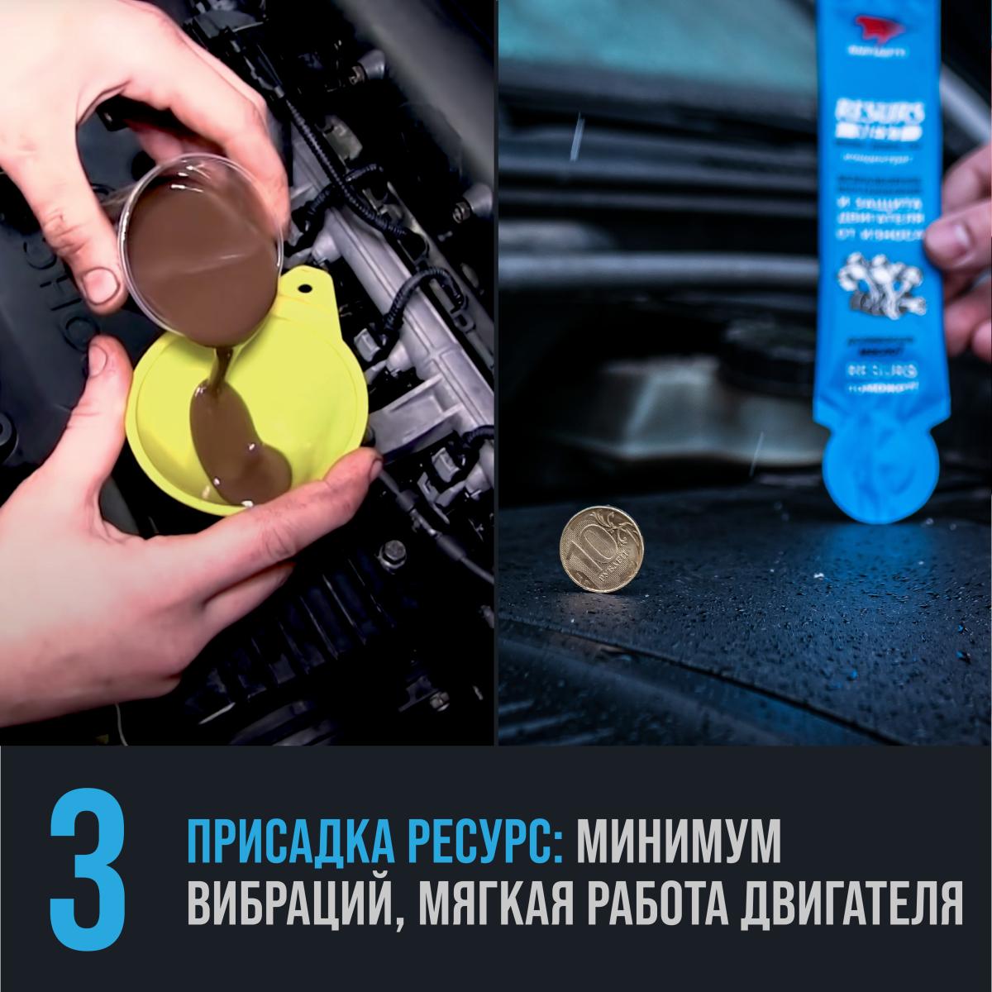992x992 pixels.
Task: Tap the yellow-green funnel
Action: [248, 413]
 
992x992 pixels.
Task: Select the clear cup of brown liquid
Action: [198, 240]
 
